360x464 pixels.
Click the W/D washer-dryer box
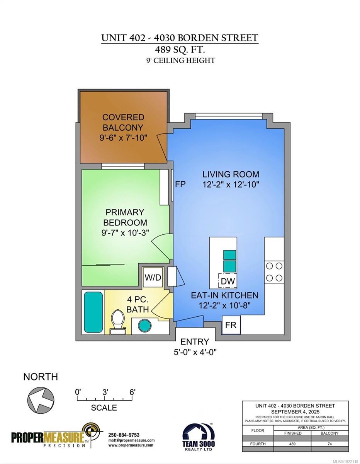(x=153, y=277)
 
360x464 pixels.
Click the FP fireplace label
(x=180, y=184)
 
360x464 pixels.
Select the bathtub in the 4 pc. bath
(x=93, y=312)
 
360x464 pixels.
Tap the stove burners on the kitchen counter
(x=274, y=272)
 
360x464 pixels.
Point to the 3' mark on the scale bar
(x=105, y=392)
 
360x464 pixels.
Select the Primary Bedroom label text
(x=125, y=217)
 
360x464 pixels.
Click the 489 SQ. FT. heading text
(x=180, y=49)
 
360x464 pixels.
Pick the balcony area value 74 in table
(x=329, y=444)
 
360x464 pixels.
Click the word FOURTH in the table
(x=258, y=444)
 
